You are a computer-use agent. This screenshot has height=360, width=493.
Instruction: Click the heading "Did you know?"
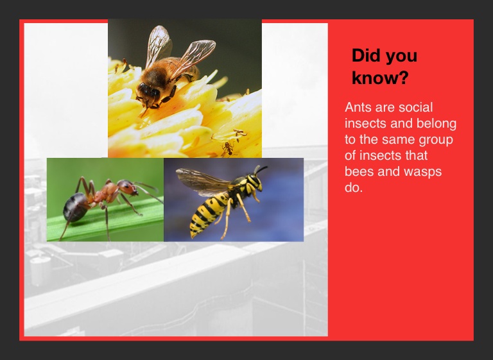pos(385,66)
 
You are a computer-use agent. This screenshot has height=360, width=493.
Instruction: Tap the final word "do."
pos(354,187)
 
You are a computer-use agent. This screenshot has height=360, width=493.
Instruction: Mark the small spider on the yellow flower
pos(227,149)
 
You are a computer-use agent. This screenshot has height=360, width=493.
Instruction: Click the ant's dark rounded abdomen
pos(75,207)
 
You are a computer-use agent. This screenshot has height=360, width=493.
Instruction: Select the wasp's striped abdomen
pos(206,214)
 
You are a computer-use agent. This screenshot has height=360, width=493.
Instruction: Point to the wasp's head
pos(255,182)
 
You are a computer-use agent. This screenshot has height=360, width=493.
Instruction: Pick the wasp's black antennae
pos(261,169)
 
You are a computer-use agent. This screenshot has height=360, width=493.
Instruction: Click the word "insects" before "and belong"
pos(365,124)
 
